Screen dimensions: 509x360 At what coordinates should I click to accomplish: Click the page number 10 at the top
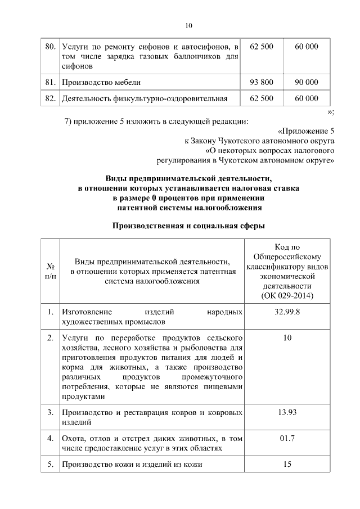pyautogui.click(x=188, y=25)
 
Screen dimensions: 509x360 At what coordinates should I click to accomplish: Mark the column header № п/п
pyautogui.click(x=50, y=271)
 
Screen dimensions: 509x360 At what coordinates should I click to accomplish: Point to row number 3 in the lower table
pyautogui.click(x=50, y=412)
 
